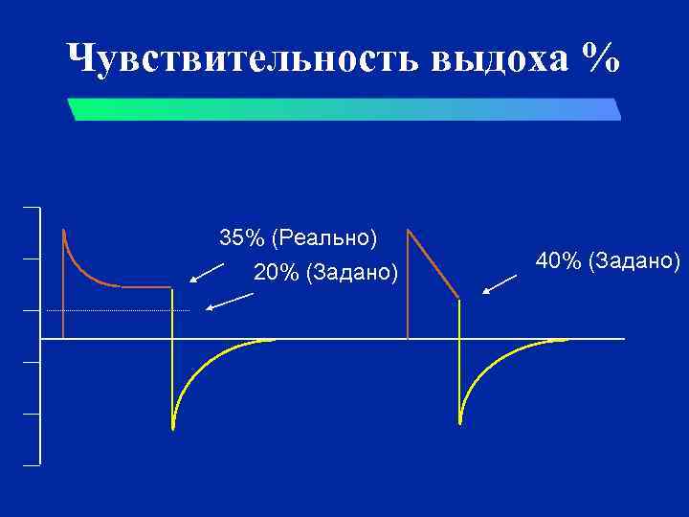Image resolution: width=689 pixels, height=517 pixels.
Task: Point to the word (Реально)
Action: click(324, 236)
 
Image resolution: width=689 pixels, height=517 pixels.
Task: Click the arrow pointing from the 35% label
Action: click(207, 273)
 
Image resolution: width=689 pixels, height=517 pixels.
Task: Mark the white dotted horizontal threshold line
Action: click(115, 311)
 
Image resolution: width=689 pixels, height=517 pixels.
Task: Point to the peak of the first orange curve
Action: click(63, 232)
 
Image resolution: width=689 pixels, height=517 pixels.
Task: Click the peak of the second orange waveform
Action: click(409, 231)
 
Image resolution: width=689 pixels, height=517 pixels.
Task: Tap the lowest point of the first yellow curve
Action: click(172, 427)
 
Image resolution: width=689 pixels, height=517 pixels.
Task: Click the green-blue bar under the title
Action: click(344, 108)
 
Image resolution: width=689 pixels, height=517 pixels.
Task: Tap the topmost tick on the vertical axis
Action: click(32, 208)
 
